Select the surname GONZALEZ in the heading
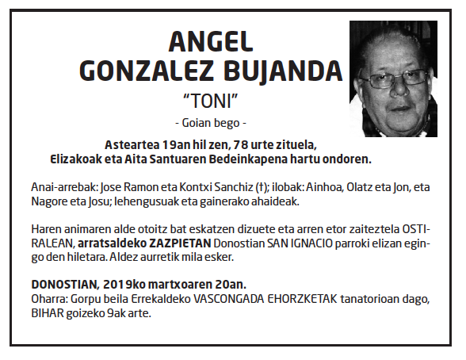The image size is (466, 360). (x=146, y=72)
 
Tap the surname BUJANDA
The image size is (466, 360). (x=281, y=72)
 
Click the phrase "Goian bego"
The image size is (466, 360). (x=210, y=123)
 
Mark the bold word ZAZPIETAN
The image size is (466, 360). (x=176, y=245)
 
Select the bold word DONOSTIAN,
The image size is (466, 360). (x=63, y=283)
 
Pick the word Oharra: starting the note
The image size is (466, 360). (x=49, y=297)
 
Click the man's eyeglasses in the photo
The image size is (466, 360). (x=389, y=80)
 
